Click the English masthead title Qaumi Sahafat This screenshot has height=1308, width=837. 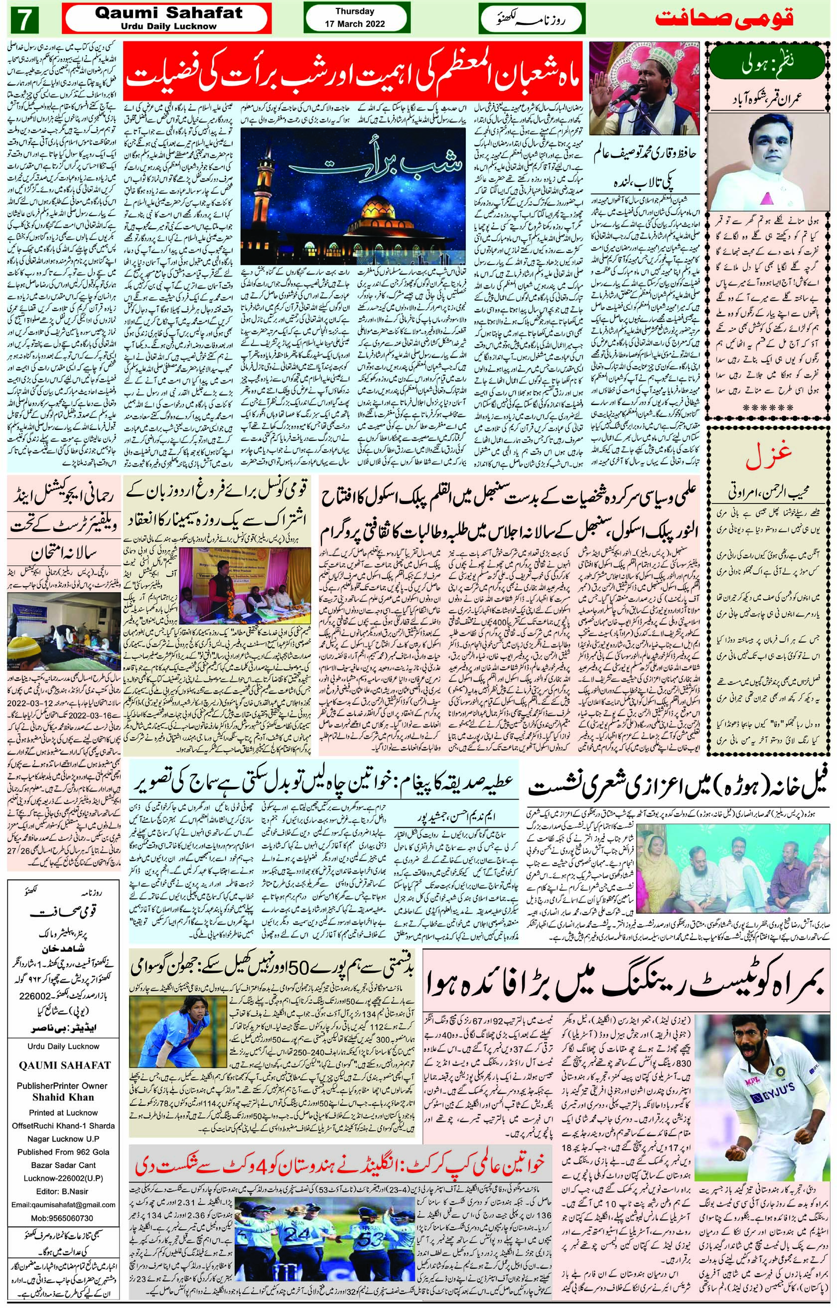(168, 14)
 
